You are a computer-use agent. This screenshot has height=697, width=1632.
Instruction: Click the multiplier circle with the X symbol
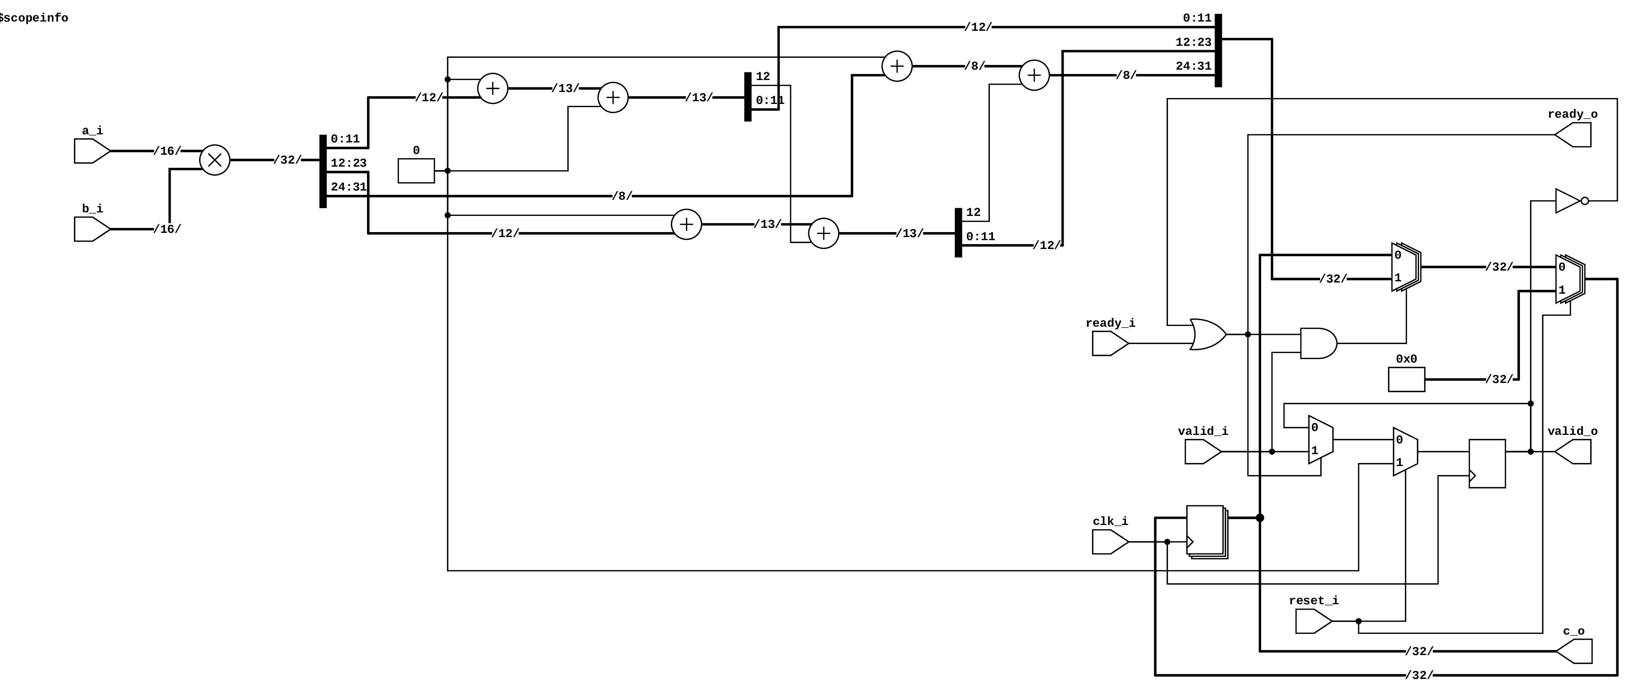pos(215,160)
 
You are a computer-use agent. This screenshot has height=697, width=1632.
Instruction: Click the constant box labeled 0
pos(416,171)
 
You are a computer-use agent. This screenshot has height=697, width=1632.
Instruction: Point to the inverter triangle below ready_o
pos(1567,201)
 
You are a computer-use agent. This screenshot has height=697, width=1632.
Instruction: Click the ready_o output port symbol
pos(1574,135)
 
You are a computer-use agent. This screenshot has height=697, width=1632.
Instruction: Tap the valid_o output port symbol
pos(1574,452)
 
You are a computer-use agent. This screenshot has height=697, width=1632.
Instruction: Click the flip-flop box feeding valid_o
pos(1487,463)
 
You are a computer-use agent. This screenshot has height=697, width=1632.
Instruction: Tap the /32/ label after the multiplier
pos(288,160)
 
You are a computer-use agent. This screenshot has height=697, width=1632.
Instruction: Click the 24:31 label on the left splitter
pos(349,187)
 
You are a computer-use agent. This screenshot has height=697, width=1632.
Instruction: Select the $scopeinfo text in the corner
pos(34,18)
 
